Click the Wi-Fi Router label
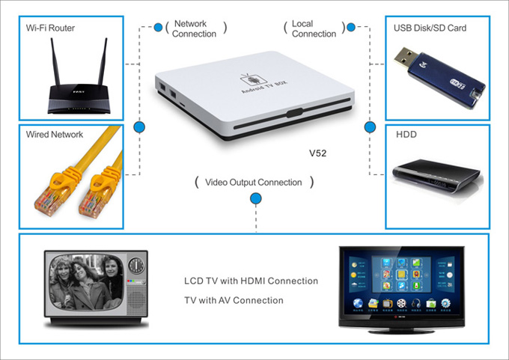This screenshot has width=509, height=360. tap(50, 28)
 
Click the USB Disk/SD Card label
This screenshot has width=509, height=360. tap(430, 28)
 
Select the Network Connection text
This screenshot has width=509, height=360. tap(194, 29)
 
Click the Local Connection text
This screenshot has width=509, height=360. tap(314, 29)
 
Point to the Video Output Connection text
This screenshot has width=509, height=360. tap(253, 182)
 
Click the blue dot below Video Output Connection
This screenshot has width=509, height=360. tap(255, 198)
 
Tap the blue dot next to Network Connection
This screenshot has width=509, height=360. tap(158, 28)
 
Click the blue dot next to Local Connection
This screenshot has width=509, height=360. tap(350, 28)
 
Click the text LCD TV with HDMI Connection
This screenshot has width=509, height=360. tap(251, 281)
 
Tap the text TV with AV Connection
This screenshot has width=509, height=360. tap(234, 300)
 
